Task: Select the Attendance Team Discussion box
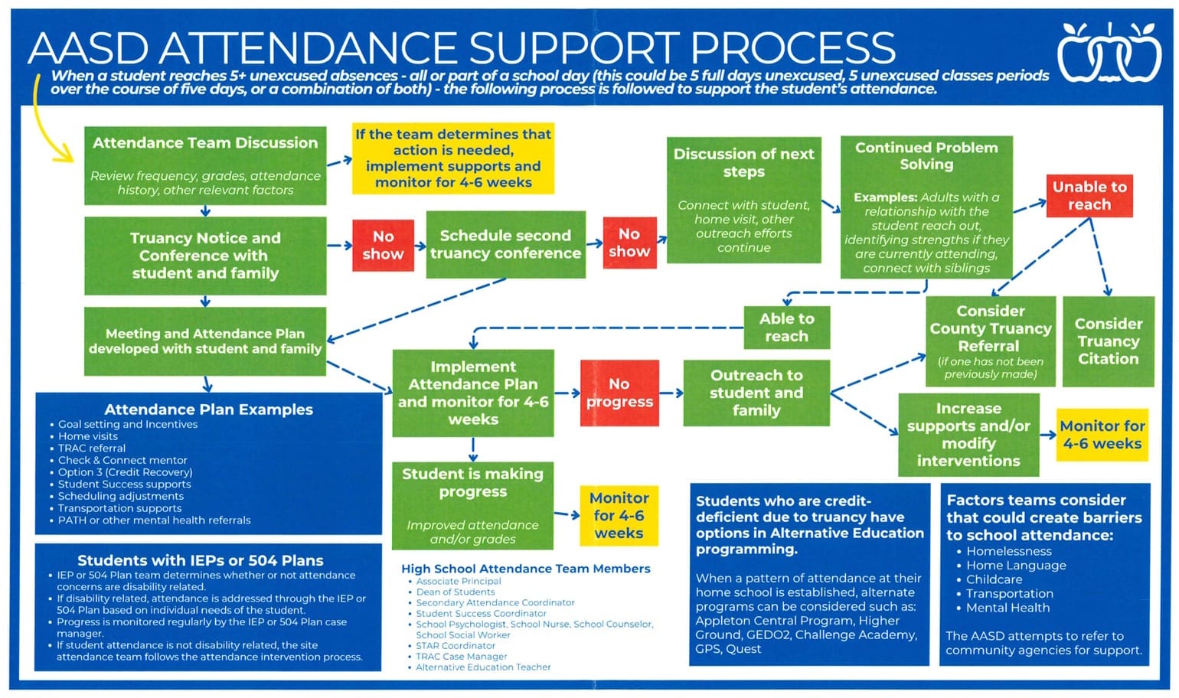tap(205, 165)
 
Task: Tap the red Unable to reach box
tap(1089, 195)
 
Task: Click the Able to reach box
tap(786, 328)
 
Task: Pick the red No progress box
tap(619, 393)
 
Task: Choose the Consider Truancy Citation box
tap(1108, 341)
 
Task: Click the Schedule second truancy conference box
tap(505, 244)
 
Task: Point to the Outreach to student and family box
tap(756, 393)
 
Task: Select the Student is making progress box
tap(472, 505)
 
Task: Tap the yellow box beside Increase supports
tap(1102, 435)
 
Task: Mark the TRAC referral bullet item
tap(92, 448)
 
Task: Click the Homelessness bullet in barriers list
tap(1008, 551)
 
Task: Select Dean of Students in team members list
tap(456, 592)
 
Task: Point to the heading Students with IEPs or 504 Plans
tap(201, 560)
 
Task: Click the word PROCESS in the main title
tap(792, 47)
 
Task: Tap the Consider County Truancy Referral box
tap(990, 341)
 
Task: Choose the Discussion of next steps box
tap(743, 200)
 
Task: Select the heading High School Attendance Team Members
tap(526, 569)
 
